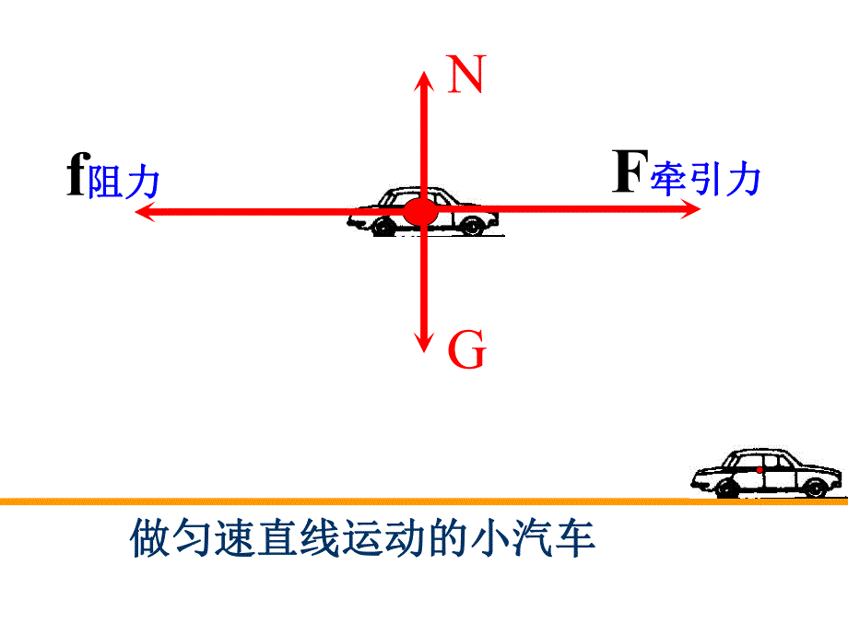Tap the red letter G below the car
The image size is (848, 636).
pos(467,352)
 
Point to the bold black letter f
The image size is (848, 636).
pos(76,175)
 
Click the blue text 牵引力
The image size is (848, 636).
pos(706,179)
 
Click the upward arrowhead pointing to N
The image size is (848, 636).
pos(424,79)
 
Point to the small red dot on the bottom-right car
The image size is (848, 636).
pos(760,470)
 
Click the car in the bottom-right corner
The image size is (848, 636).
pos(767,473)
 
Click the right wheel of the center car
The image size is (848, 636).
pos(472,226)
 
